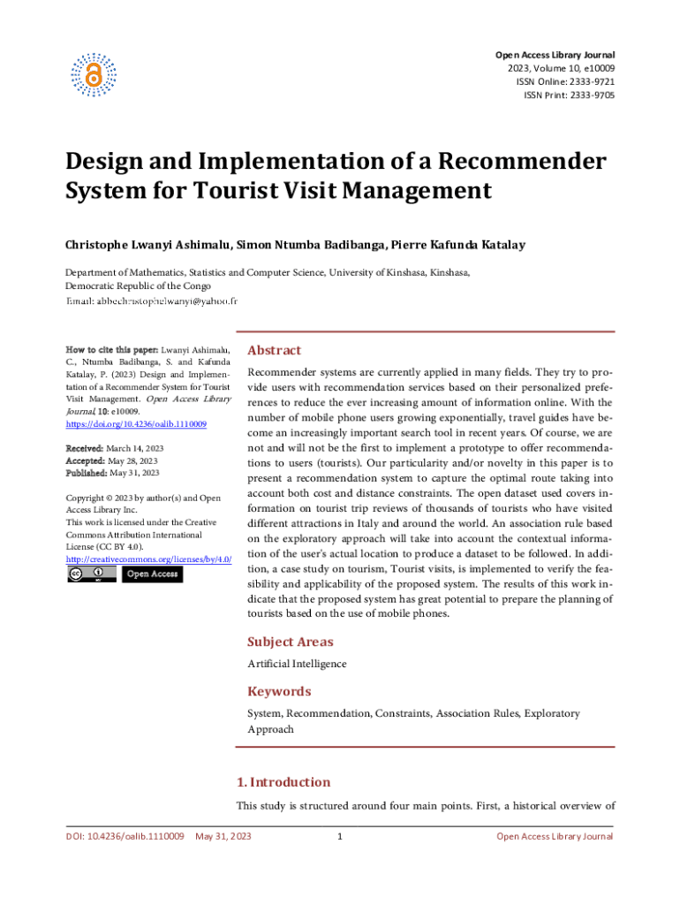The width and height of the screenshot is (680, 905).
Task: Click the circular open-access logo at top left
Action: click(x=94, y=75)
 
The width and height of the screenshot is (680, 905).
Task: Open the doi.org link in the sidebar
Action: click(x=136, y=424)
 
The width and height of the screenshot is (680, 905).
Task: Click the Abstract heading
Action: click(x=274, y=350)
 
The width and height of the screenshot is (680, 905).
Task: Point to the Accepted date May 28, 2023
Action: click(x=133, y=460)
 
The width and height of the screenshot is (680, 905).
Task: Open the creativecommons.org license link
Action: click(x=148, y=559)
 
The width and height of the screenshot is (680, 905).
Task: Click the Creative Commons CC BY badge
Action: click(x=91, y=574)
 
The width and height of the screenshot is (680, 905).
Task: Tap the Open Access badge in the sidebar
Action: click(x=153, y=574)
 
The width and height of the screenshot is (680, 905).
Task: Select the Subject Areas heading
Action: click(x=290, y=642)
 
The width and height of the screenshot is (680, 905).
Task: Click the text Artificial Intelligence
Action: click(x=297, y=664)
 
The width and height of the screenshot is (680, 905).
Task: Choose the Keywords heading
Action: click(x=279, y=691)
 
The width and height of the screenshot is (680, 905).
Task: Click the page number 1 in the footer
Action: click(x=340, y=836)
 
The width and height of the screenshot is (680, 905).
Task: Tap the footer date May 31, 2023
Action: click(x=223, y=836)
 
